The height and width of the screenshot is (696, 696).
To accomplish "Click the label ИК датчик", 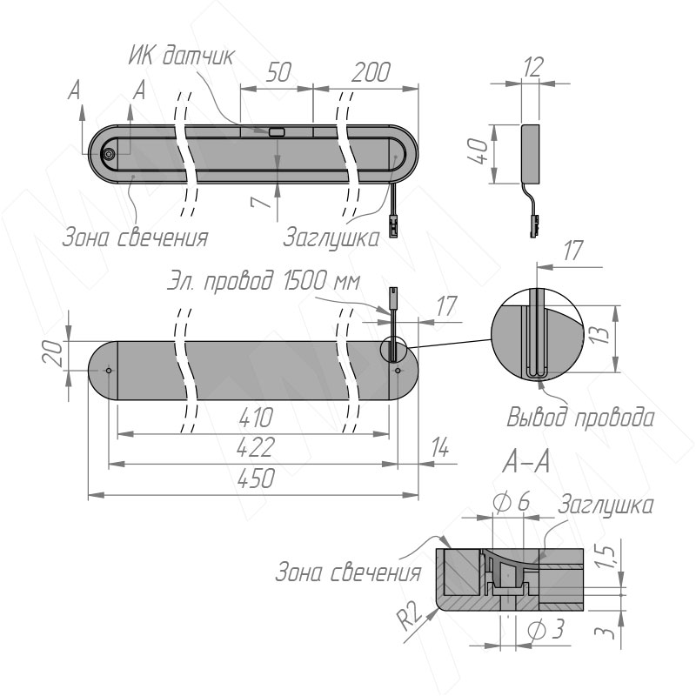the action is pyautogui.click(x=182, y=57).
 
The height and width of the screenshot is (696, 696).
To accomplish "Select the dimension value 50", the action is pyautogui.click(x=278, y=72).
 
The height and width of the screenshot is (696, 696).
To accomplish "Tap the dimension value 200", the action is pyautogui.click(x=371, y=72).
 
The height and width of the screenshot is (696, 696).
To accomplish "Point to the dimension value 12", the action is pyautogui.click(x=532, y=67).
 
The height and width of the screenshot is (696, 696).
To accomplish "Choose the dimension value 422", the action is pyautogui.click(x=256, y=447).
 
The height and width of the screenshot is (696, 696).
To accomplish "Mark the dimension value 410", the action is pyautogui.click(x=256, y=418).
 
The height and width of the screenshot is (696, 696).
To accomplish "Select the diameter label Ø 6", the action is pyautogui.click(x=512, y=502).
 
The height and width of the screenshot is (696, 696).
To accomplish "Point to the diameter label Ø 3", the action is pyautogui.click(x=547, y=629).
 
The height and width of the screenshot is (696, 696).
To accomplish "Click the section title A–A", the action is pyautogui.click(x=526, y=463).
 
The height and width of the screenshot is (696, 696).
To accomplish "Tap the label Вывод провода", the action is pyautogui.click(x=580, y=418).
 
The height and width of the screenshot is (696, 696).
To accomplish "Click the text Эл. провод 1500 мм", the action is pyautogui.click(x=264, y=281).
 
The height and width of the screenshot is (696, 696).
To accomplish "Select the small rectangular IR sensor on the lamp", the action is pyautogui.click(x=277, y=132).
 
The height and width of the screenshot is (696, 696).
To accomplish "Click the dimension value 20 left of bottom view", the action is pyautogui.click(x=52, y=352).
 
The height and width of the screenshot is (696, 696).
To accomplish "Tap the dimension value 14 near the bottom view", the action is pyautogui.click(x=440, y=447).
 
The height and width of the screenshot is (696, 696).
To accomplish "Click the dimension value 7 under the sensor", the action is pyautogui.click(x=261, y=202).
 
